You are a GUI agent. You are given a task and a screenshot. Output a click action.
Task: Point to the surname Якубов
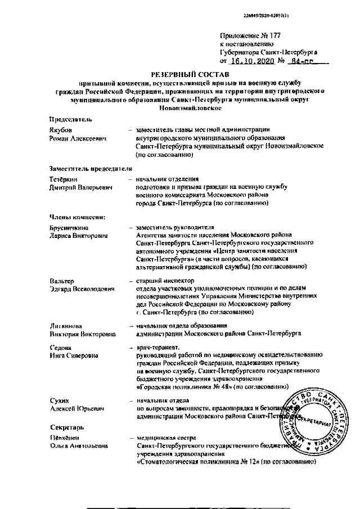(x=61, y=130)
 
